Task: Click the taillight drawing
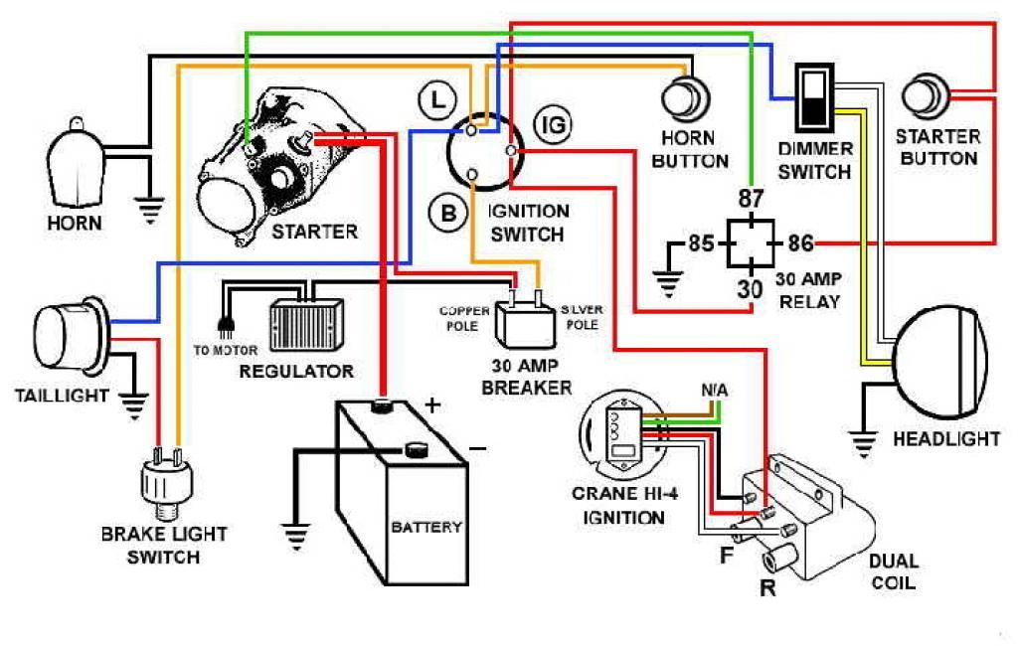(x=70, y=339)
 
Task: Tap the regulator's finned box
(x=306, y=325)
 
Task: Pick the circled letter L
(x=437, y=101)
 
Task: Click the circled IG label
(x=553, y=124)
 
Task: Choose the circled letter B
(x=448, y=213)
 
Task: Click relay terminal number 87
(x=751, y=199)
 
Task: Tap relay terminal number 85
(x=701, y=243)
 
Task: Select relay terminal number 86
(x=800, y=243)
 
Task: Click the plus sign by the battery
(x=432, y=405)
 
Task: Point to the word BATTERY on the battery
(x=426, y=527)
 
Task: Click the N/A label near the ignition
(x=714, y=391)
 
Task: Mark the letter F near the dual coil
(x=727, y=556)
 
